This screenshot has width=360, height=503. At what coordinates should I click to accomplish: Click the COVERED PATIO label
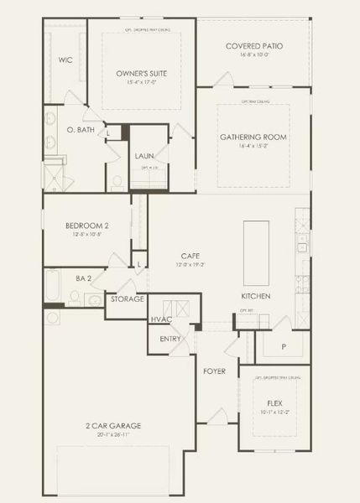(x=253, y=46)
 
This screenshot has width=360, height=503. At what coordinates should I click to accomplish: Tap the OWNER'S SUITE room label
(x=140, y=74)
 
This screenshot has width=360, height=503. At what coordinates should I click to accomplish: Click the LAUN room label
(x=143, y=156)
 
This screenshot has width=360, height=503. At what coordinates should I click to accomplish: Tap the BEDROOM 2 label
(x=87, y=226)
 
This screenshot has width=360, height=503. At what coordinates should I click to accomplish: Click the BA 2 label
(x=82, y=278)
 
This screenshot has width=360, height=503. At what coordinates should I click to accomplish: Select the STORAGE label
(x=128, y=299)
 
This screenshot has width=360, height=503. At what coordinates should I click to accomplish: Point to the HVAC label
(x=160, y=319)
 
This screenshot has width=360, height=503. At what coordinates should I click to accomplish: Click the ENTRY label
(x=170, y=339)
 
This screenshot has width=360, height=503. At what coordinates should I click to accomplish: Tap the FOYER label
(x=214, y=371)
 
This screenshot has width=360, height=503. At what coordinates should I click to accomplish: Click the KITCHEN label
(x=255, y=297)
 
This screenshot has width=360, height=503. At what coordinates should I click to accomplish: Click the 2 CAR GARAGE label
(x=114, y=426)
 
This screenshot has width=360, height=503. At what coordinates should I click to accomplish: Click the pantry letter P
(x=283, y=345)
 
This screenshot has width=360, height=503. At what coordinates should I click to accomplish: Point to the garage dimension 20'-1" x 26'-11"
(x=114, y=435)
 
